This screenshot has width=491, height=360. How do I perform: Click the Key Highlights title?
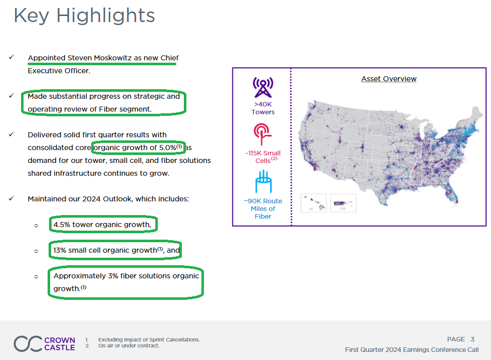84,16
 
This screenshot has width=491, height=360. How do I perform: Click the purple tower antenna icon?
263,87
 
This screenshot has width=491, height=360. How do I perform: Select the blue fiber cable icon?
264,182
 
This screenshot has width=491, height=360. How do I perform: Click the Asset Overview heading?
389,79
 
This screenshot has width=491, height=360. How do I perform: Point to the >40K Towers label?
263,108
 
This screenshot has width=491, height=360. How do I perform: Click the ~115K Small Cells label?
263,156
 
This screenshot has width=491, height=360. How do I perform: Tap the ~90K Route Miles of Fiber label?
263,209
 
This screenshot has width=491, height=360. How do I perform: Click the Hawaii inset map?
314,203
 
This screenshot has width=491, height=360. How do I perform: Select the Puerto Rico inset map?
343,203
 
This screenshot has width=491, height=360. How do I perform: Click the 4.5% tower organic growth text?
102,225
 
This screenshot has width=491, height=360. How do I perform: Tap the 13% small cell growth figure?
60,250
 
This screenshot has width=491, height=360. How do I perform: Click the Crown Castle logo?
44,344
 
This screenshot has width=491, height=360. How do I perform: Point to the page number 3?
472,339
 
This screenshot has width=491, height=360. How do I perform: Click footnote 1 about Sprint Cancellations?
149,339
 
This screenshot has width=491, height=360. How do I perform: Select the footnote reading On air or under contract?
129,345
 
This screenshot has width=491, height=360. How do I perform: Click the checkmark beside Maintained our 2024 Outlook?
11,199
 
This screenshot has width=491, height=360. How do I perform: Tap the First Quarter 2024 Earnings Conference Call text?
412,349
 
